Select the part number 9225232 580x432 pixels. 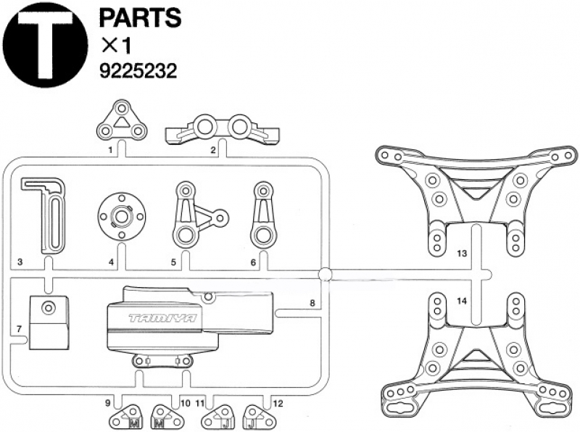(x=138, y=70)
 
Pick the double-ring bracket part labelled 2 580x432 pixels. (x=223, y=129)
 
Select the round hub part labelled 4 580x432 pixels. (x=122, y=215)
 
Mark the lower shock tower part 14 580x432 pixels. (x=476, y=354)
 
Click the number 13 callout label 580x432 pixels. (x=463, y=254)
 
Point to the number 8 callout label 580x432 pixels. (x=312, y=303)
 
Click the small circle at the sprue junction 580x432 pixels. (x=325, y=274)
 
